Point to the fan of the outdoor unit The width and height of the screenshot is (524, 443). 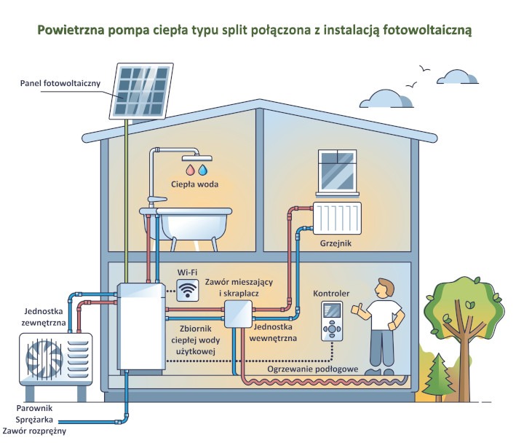point(44,360)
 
